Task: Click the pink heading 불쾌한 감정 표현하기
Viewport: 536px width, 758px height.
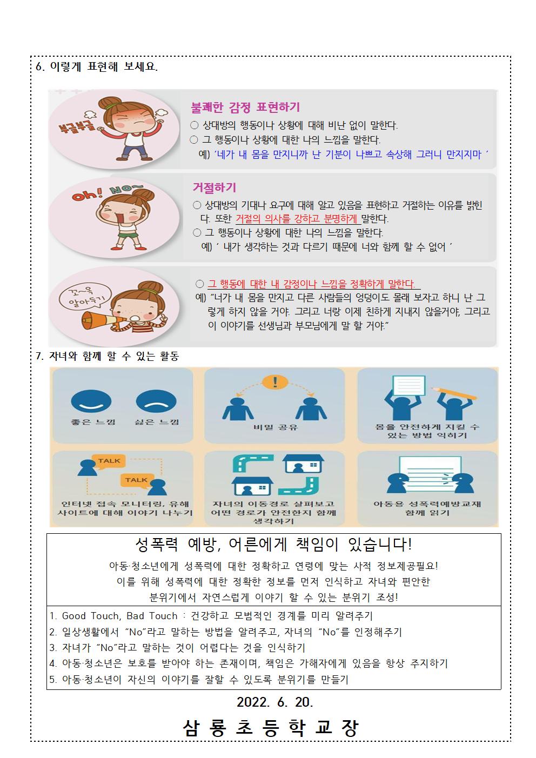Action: click(245, 108)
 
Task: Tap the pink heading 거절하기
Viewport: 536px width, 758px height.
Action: click(215, 187)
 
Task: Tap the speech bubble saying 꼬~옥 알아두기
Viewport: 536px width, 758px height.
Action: click(85, 296)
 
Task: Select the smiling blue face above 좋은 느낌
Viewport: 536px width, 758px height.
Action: click(91, 401)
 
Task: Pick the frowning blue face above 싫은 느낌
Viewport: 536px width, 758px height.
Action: click(156, 401)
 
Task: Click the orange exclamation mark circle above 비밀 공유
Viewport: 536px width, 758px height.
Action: click(275, 382)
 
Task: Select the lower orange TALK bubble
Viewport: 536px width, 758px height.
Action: click(137, 480)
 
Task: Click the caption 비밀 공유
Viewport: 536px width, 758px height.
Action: click(276, 427)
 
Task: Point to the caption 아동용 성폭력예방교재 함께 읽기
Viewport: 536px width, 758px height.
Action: click(427, 508)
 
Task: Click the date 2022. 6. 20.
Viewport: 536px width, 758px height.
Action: click(275, 702)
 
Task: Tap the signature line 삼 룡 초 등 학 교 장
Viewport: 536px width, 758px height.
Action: click(271, 728)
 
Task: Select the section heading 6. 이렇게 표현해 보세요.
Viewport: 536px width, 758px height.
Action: click(97, 66)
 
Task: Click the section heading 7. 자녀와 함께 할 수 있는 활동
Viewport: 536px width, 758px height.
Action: click(108, 356)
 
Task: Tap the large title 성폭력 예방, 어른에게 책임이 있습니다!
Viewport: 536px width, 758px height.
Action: click(274, 544)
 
